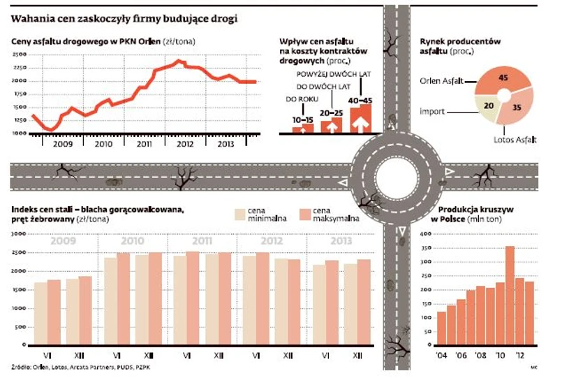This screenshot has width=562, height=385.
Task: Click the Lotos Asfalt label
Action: [515, 140]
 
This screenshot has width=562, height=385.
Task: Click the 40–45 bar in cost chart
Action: [361, 118]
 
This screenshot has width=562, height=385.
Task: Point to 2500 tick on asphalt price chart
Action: [20, 55]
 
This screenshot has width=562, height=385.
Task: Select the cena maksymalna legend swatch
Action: [304, 214]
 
